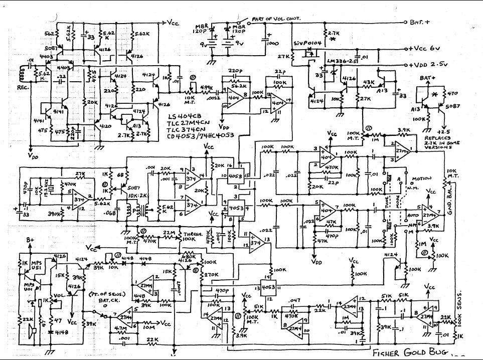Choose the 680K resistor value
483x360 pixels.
(x=186, y=255)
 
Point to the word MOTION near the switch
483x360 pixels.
(x=421, y=179)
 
